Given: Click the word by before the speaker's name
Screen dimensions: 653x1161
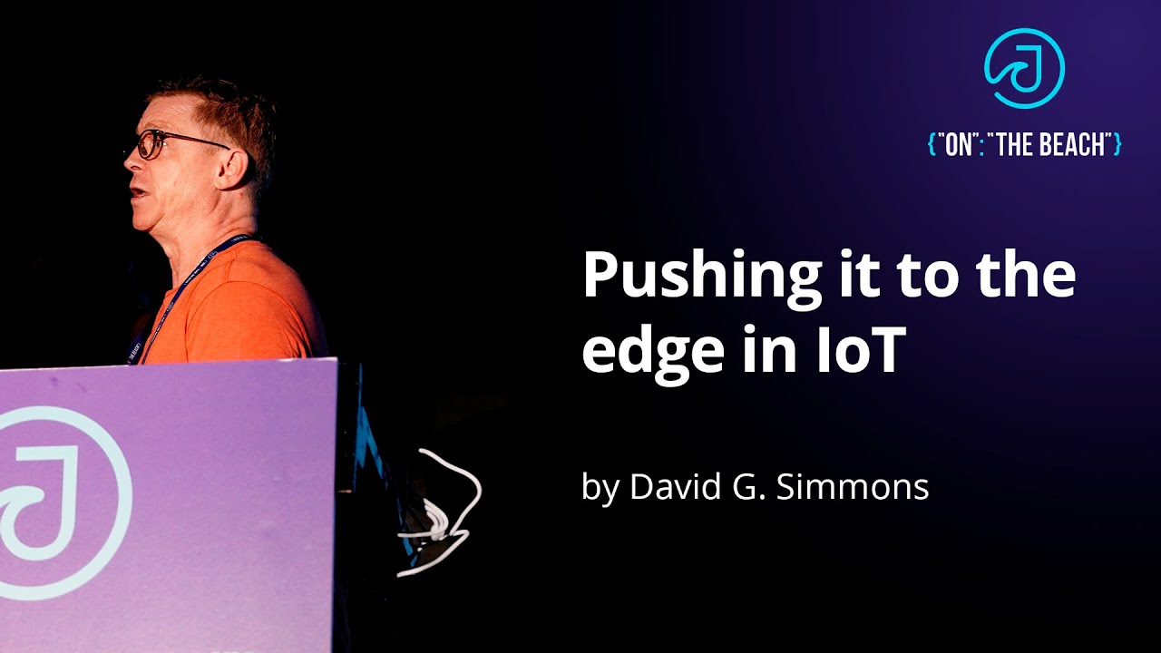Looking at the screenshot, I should [x=599, y=488].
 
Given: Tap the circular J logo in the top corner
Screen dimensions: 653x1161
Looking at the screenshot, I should [x=1024, y=68].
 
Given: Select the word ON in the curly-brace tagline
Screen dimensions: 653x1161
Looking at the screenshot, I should [x=959, y=144].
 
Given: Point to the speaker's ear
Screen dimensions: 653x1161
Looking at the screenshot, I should [x=233, y=169].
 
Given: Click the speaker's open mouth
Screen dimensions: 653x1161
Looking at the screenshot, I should [x=136, y=192].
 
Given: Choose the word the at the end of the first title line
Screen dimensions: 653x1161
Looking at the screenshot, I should [x=1029, y=278].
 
